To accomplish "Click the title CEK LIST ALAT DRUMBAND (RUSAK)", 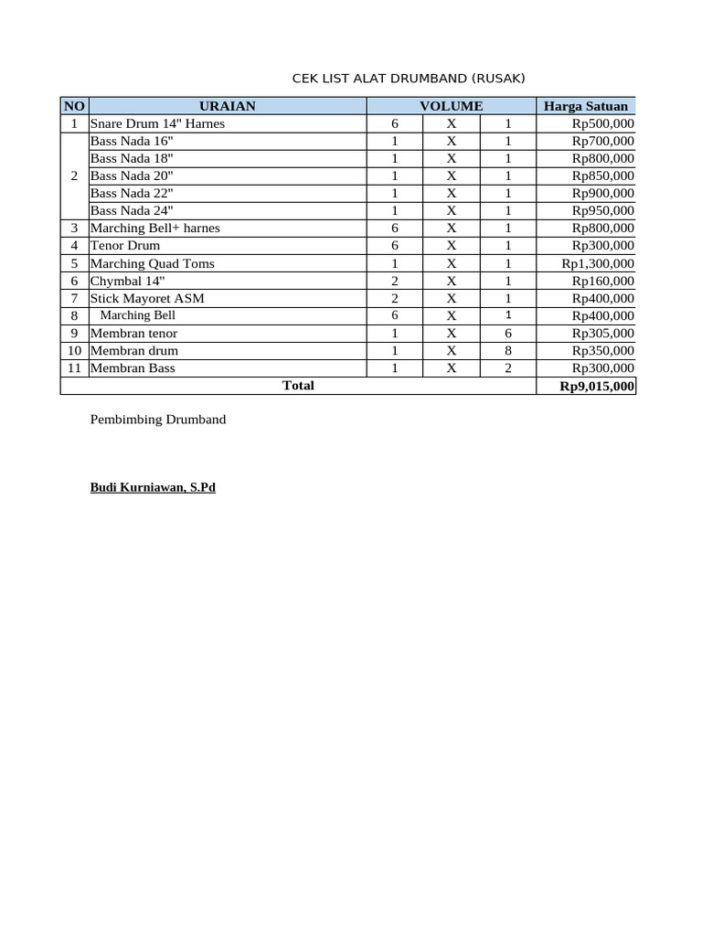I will [x=409, y=79].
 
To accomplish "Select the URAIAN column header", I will [x=227, y=106].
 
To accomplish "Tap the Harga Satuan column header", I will [x=586, y=106].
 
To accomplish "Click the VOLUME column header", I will [x=451, y=106].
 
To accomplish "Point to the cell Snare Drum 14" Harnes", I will [x=157, y=123].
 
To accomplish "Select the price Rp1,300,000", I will [x=598, y=263].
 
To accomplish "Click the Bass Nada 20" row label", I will [x=132, y=175].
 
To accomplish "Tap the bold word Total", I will [x=298, y=386].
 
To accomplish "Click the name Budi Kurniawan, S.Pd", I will [x=153, y=488].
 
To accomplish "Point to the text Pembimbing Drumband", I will [x=158, y=420].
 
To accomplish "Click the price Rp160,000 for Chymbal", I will [x=602, y=281].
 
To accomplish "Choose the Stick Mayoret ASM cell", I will [x=147, y=298].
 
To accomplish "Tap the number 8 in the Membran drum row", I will [x=507, y=350].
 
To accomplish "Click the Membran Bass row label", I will [x=133, y=367].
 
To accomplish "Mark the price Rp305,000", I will [x=602, y=333].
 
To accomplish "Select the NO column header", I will [x=73, y=106].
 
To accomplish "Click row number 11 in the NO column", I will [x=74, y=367].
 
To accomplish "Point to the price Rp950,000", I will [x=602, y=210].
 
